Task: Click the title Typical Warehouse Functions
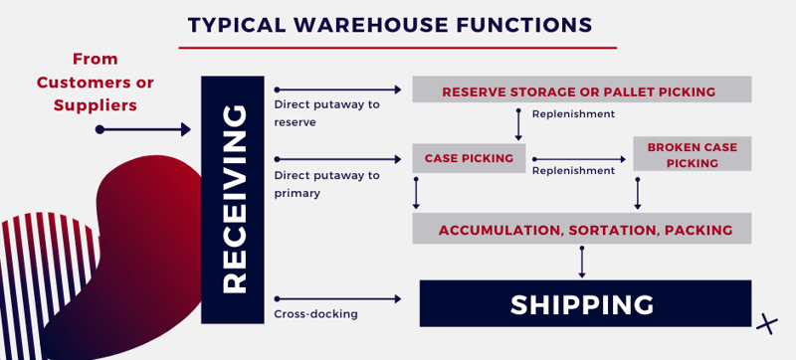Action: (x=390, y=23)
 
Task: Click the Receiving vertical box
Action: (x=233, y=199)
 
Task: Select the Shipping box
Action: (x=584, y=303)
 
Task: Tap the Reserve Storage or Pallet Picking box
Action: (x=581, y=90)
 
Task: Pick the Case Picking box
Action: (x=469, y=158)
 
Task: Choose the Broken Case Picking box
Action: (x=692, y=154)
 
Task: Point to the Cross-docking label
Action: (x=315, y=314)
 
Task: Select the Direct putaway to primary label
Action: (x=325, y=184)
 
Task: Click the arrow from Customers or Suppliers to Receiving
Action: (x=143, y=129)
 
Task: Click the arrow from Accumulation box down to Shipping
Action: (x=582, y=262)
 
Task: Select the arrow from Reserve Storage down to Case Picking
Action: (x=518, y=123)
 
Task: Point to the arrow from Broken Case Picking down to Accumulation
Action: (x=638, y=191)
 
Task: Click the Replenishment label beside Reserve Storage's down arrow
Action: (x=573, y=114)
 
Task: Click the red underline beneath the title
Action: (x=397, y=47)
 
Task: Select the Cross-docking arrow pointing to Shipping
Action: (x=338, y=297)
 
